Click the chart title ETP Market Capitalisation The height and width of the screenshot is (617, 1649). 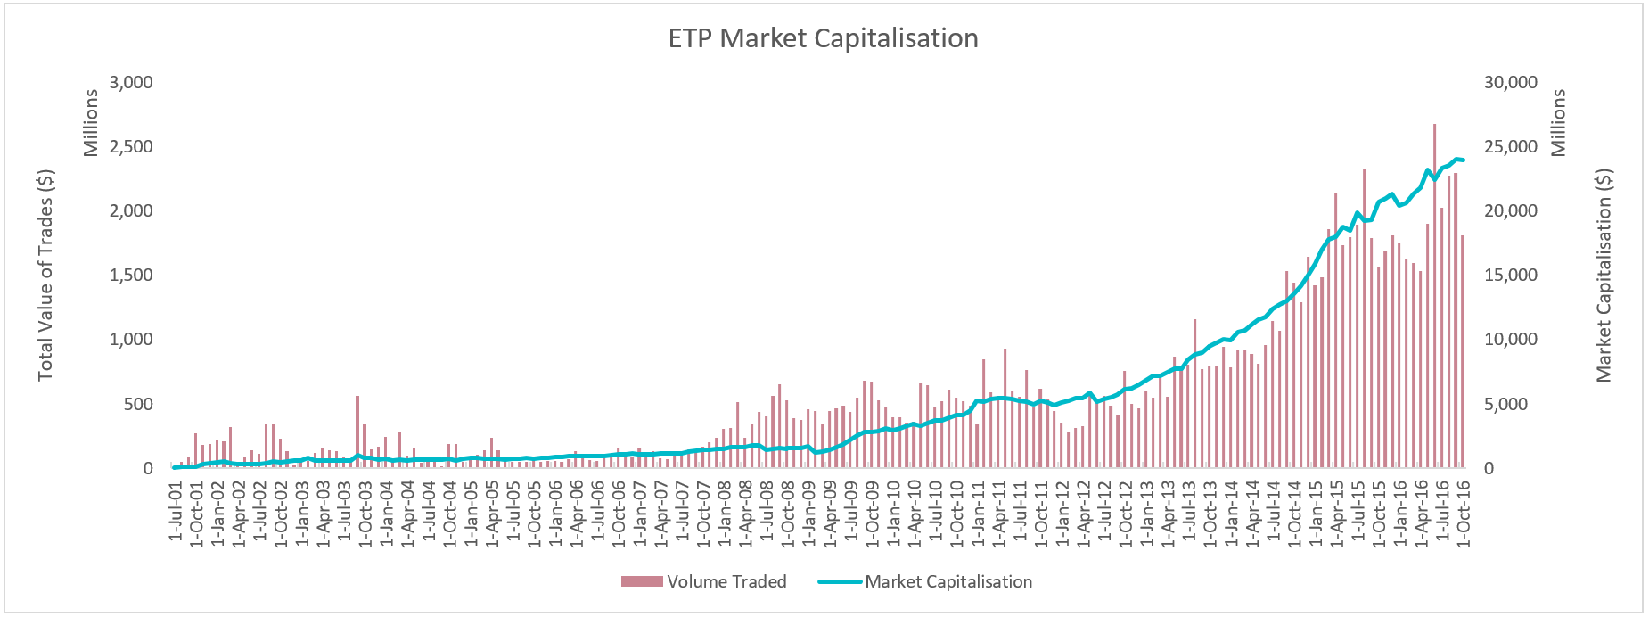pyautogui.click(x=823, y=38)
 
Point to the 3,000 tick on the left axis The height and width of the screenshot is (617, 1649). pyautogui.click(x=131, y=82)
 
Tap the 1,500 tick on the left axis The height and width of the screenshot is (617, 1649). pyautogui.click(x=131, y=276)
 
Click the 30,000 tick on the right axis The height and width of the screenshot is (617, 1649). pyautogui.click(x=1510, y=82)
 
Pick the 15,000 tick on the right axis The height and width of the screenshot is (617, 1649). pyautogui.click(x=1510, y=276)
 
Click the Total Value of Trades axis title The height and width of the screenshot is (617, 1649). pyautogui.click(x=45, y=276)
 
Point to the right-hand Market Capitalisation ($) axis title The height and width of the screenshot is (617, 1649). pyautogui.click(x=1604, y=276)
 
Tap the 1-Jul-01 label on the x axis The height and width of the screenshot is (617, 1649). pyautogui.click(x=176, y=511)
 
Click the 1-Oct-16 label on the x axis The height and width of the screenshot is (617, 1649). pyautogui.click(x=1463, y=511)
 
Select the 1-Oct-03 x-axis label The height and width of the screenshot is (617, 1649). pyautogui.click(x=365, y=511)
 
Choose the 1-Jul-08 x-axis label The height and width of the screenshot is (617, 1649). pyautogui.click(x=767, y=511)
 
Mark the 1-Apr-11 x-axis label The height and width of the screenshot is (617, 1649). pyautogui.click(x=999, y=511)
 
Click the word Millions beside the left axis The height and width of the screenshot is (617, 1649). pyautogui.click(x=91, y=123)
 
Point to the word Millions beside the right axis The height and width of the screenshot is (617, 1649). pyautogui.click(x=1558, y=123)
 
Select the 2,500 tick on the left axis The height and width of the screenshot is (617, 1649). pyautogui.click(x=131, y=146)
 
